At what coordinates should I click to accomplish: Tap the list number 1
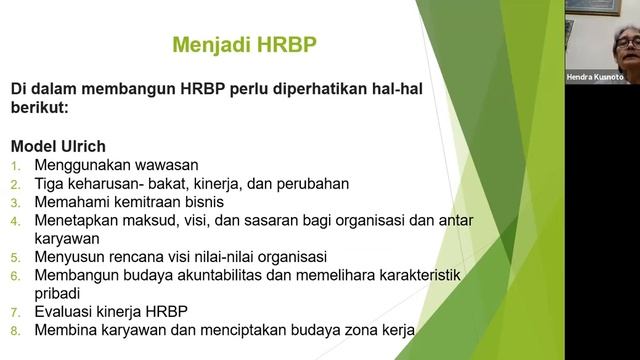[x=16, y=165]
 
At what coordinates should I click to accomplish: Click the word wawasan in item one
[x=165, y=165]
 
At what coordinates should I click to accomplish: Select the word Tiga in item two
[x=50, y=183]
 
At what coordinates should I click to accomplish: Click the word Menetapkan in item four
[x=78, y=220]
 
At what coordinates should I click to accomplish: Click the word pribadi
[x=61, y=293]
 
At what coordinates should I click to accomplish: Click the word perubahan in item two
[x=307, y=183]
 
